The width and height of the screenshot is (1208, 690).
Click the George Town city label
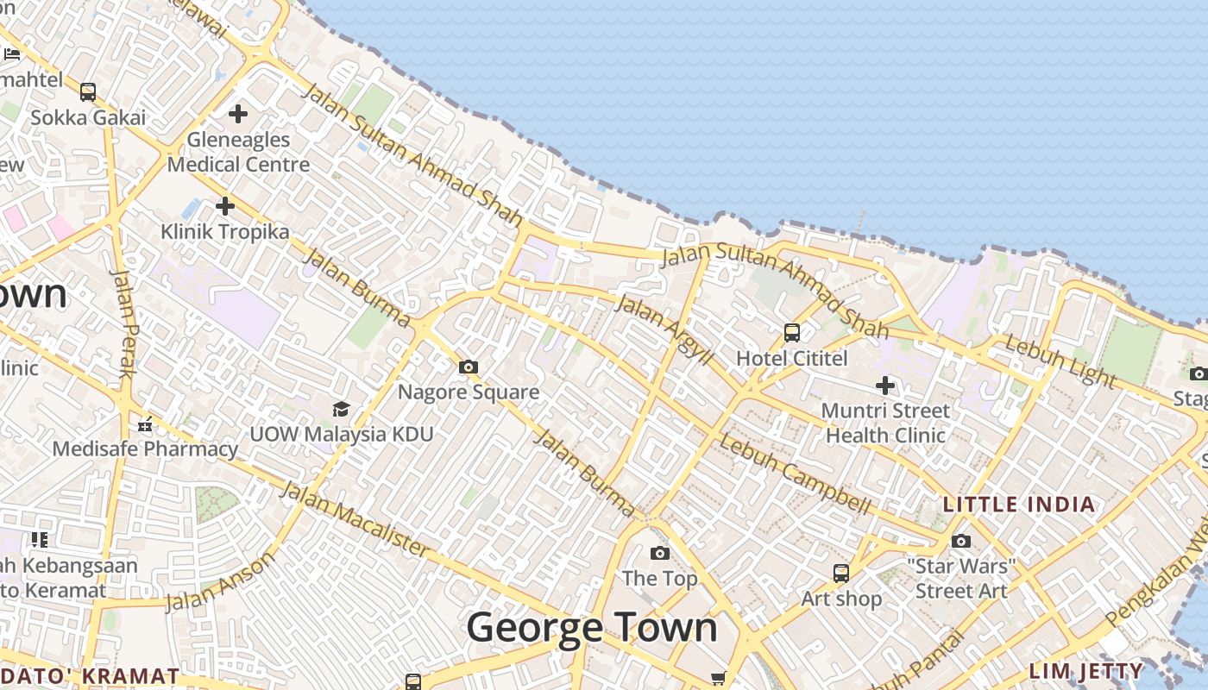pos(592,627)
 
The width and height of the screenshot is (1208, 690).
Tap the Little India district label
pos(1019,505)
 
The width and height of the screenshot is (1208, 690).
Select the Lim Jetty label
pos(1086,671)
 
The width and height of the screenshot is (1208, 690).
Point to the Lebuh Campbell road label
pos(795,475)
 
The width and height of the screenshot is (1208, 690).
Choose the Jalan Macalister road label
pos(354,519)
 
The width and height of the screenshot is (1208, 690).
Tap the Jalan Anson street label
pos(220,581)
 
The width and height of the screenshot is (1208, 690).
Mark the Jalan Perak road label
pos(126,323)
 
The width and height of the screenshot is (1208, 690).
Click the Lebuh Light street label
pos(1060,361)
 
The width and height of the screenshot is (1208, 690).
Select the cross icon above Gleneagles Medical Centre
pos(238,113)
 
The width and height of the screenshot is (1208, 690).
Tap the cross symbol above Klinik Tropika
pos(225,206)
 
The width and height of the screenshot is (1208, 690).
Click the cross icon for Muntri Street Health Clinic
pos(885,386)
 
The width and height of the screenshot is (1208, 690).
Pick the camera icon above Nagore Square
pos(469,367)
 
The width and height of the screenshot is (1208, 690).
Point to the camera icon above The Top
pos(660,553)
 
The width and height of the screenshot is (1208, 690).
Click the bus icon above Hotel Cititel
pos(792,332)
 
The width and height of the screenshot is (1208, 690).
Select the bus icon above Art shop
pos(841,573)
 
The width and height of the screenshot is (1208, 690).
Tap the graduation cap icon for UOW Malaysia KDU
pos(342,409)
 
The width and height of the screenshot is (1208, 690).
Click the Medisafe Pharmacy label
pos(145,448)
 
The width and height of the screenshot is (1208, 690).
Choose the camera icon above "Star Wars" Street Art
pos(961,542)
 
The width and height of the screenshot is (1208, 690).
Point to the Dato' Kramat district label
pos(90,676)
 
